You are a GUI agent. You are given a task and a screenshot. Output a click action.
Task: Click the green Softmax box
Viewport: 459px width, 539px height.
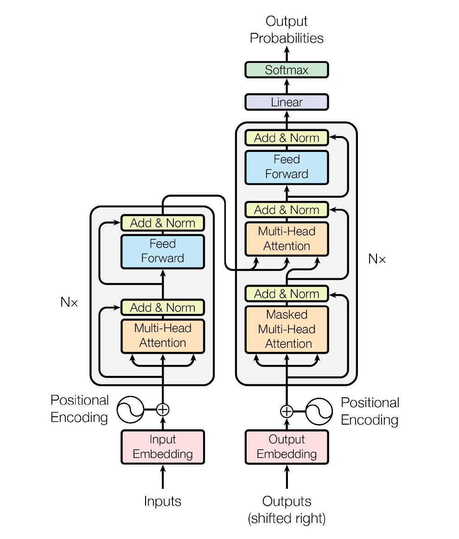coord(287,69)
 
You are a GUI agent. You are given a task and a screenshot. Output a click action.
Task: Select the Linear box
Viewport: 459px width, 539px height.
coord(287,102)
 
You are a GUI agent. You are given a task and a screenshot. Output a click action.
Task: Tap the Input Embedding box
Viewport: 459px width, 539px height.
coord(162,447)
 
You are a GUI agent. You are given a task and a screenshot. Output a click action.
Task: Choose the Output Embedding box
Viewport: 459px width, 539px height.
coord(287,447)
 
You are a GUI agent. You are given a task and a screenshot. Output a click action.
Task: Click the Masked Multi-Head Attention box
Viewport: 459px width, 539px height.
coord(287,329)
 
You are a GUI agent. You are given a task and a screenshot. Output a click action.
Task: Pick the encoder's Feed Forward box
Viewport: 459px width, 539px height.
coord(162,251)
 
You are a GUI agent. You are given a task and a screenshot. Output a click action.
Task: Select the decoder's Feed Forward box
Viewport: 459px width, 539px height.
coord(287,167)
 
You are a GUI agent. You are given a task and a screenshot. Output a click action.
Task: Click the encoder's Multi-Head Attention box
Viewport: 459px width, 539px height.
coord(162,336)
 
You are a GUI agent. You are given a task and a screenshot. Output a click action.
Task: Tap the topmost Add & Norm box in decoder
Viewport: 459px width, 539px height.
coord(287,138)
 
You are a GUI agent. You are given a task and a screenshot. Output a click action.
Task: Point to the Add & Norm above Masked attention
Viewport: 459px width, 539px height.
coord(287,294)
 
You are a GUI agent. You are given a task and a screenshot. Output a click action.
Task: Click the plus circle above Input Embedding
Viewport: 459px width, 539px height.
coord(162,409)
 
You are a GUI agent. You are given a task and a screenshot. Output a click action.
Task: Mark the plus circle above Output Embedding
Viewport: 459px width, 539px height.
coord(287,411)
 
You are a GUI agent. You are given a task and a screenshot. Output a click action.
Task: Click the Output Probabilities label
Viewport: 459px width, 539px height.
coord(287,30)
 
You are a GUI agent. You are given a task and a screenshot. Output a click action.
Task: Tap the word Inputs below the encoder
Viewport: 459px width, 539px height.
coord(162,501)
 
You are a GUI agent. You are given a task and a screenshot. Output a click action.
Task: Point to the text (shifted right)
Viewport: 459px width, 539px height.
coord(287,519)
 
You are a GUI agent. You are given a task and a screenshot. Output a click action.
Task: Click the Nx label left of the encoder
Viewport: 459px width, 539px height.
coord(69,302)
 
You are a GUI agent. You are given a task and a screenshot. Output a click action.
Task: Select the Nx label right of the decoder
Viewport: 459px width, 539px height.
coord(377,259)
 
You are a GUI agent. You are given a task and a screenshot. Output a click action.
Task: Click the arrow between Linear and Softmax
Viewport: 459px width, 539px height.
coord(287,86)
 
